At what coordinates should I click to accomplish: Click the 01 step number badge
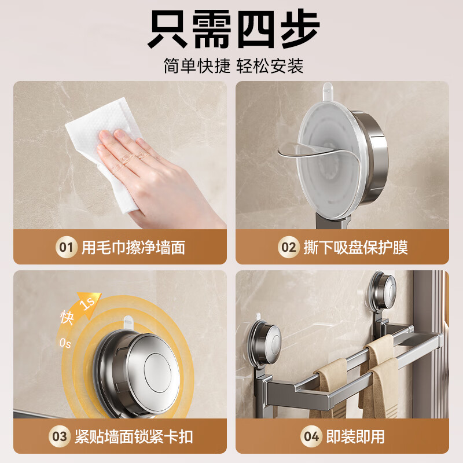click(67, 248)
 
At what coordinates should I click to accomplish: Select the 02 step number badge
click(288, 248)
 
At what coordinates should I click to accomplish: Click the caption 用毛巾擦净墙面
click(133, 248)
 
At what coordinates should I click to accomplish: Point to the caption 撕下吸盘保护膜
click(356, 248)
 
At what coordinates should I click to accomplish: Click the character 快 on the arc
click(67, 318)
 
